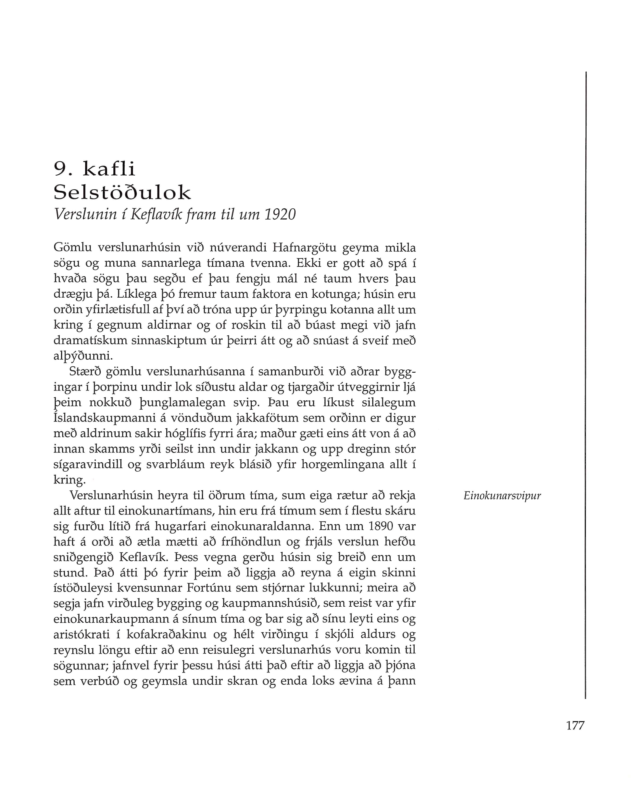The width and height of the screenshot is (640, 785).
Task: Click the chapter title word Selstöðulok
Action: coord(122,192)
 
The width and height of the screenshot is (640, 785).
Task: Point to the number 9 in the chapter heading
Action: coord(60,169)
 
